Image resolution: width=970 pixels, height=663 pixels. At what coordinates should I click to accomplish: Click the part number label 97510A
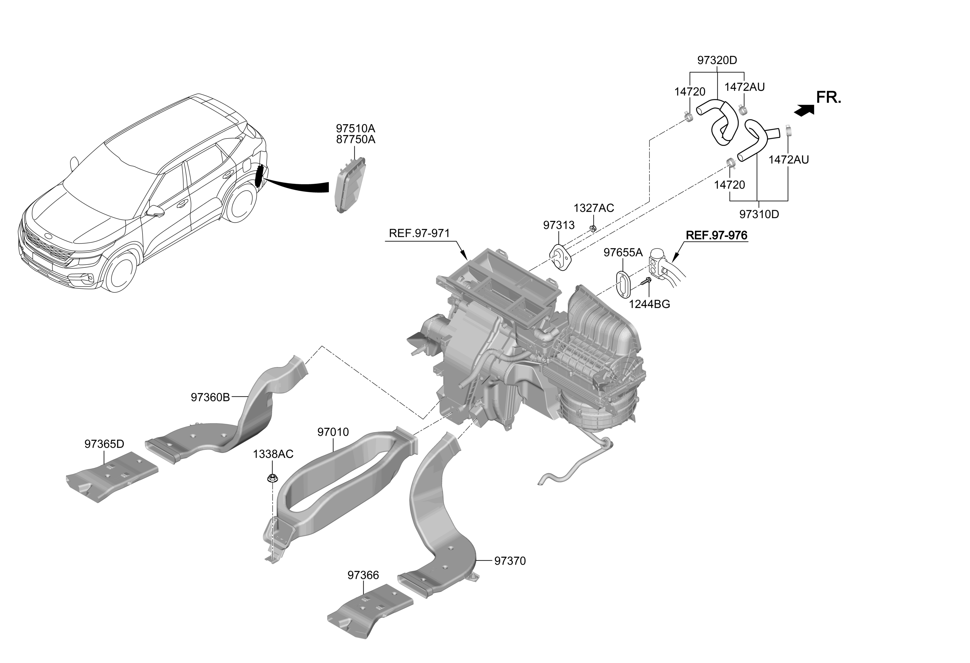click(356, 128)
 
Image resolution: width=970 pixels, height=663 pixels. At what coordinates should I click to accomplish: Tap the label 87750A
click(356, 140)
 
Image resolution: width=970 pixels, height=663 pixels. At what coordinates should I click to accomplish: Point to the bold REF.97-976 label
click(717, 236)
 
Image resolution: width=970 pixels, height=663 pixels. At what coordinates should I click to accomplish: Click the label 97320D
click(717, 60)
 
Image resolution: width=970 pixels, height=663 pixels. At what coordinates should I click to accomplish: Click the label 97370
click(510, 561)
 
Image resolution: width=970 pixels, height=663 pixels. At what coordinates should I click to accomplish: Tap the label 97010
click(333, 432)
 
